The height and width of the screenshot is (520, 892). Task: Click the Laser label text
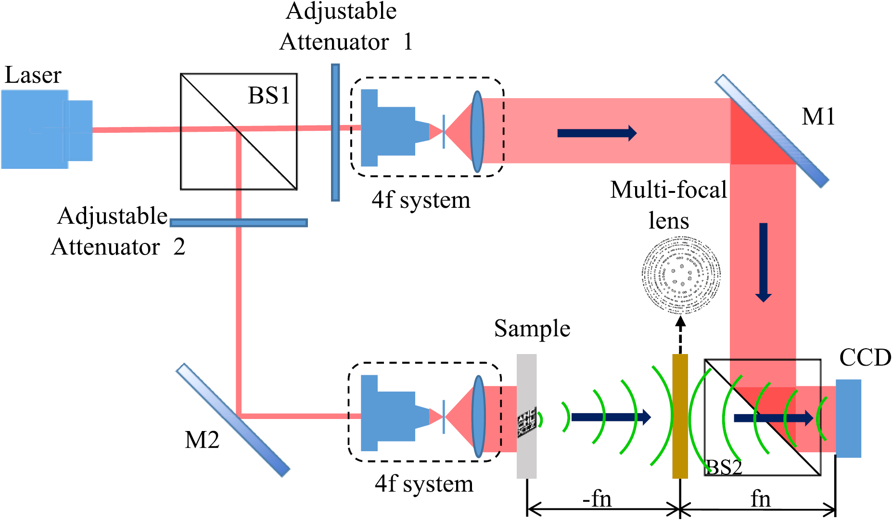tap(33, 76)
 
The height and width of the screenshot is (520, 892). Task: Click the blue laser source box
tap(35, 129)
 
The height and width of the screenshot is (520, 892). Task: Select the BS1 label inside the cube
tap(268, 96)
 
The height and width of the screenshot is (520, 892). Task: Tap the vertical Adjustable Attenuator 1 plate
tap(335, 132)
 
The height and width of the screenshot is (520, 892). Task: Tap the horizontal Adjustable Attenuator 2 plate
tap(239, 223)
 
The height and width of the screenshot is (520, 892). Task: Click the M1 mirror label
tap(818, 117)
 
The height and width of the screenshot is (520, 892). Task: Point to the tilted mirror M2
tap(233, 420)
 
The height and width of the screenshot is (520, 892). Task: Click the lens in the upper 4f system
tap(477, 132)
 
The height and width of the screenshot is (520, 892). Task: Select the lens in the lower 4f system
tap(478, 416)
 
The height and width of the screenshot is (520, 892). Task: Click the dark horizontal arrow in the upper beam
tap(597, 133)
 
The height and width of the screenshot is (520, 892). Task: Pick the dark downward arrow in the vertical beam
tap(763, 262)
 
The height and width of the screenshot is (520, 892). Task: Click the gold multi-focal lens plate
tap(680, 416)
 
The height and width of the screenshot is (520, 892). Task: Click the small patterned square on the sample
tap(526, 422)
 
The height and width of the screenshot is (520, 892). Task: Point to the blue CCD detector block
tap(848, 418)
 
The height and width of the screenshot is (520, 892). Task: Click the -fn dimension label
tap(597, 499)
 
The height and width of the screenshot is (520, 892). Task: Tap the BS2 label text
tap(724, 467)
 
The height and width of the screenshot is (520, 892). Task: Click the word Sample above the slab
tap(532, 330)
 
